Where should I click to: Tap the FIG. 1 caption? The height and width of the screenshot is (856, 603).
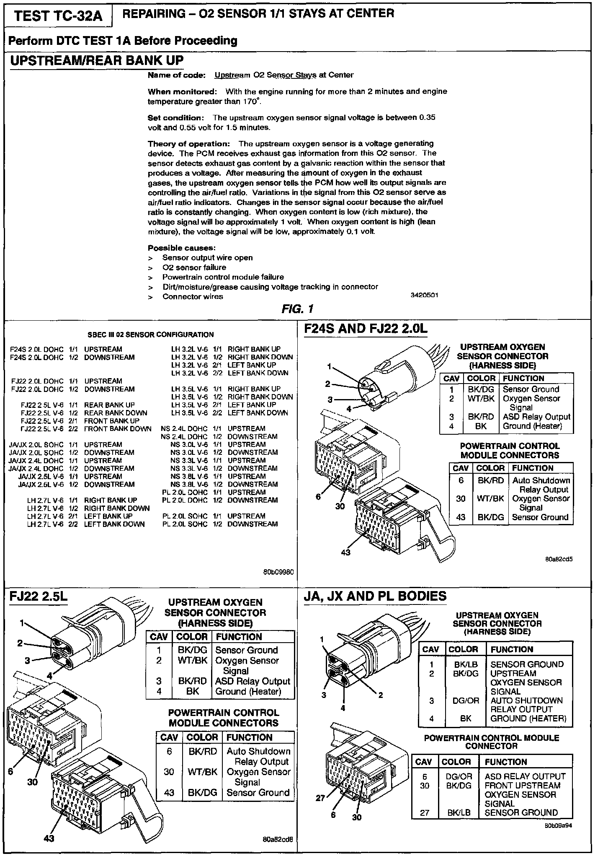297,309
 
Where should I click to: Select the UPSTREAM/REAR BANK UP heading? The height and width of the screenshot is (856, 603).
97,60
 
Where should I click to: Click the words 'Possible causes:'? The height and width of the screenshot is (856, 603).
182,248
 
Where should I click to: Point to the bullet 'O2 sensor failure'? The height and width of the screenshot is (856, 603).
194,267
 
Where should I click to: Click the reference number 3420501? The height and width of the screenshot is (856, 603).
424,295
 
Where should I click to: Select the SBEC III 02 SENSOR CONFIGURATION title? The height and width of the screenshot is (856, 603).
151,335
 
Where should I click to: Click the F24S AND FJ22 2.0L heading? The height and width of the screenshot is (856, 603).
366,329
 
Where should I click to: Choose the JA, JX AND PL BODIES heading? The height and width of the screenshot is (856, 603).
375,596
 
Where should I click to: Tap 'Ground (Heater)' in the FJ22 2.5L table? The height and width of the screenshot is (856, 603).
248,692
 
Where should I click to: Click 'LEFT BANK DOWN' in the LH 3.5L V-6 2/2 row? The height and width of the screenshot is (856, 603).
258,412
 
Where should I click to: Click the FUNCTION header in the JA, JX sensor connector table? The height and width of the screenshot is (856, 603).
512,649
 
